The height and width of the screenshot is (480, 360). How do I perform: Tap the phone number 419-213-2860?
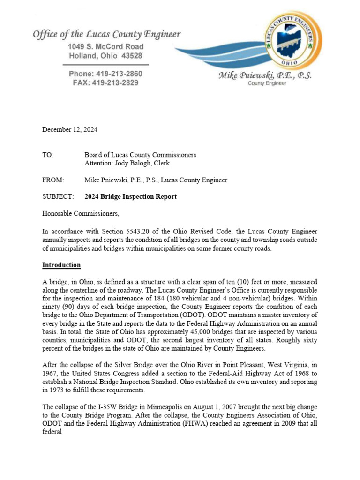click(x=119, y=74)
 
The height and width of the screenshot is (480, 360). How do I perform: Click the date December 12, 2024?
click(x=70, y=130)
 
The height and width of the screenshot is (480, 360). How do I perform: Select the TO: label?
click(x=48, y=155)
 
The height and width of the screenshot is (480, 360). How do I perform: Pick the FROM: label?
click(x=52, y=180)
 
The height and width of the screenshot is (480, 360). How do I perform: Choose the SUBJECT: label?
click(x=58, y=197)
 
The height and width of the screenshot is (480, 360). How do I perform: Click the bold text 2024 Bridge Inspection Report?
click(x=130, y=197)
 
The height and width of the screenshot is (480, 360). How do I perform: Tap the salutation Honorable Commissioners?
click(x=81, y=214)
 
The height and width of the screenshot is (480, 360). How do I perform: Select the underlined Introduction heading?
click(x=61, y=265)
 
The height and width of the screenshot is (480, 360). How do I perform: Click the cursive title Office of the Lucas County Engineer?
click(x=106, y=35)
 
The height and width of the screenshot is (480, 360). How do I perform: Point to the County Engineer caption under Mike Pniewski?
click(x=265, y=83)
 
